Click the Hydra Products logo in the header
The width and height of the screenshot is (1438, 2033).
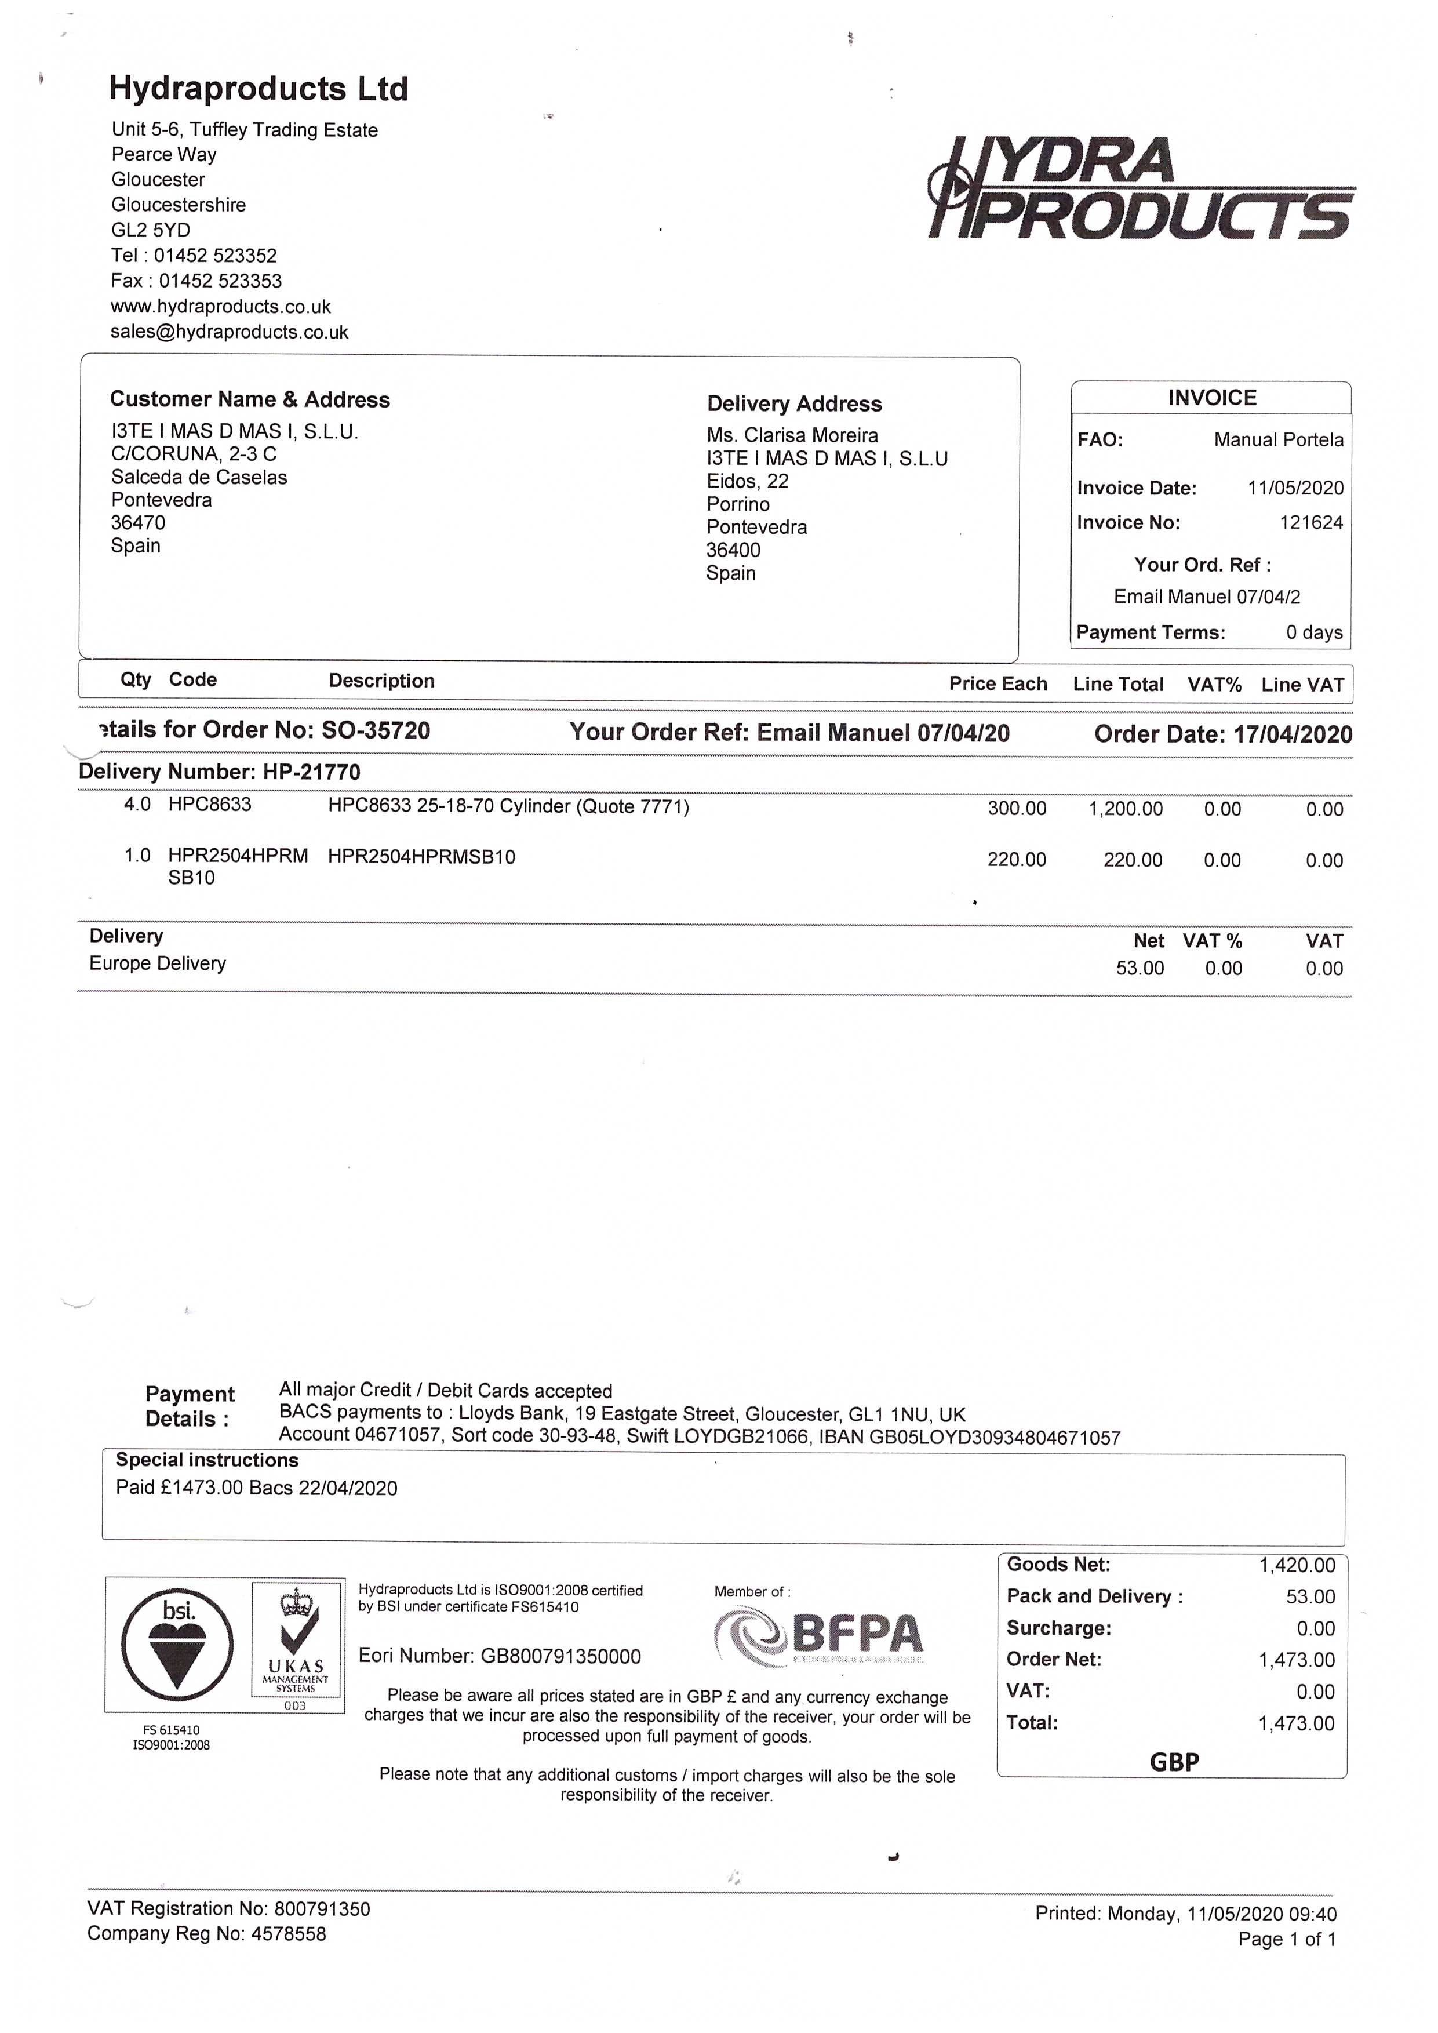[1141, 188]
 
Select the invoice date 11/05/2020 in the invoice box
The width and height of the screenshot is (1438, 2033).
[1295, 488]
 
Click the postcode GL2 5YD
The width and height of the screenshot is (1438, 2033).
[151, 230]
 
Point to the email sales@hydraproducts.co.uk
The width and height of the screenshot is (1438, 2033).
[230, 332]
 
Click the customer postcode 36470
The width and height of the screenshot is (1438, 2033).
[138, 522]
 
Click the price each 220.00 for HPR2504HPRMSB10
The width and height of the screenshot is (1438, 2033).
[1017, 860]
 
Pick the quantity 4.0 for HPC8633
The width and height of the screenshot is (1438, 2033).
[137, 805]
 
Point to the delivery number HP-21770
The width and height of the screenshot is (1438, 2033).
[312, 772]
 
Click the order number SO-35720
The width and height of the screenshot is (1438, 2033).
[376, 730]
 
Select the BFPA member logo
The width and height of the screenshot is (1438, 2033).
[819, 1637]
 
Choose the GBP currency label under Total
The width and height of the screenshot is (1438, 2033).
[1174, 1762]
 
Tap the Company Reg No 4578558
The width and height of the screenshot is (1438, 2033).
[289, 1934]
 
